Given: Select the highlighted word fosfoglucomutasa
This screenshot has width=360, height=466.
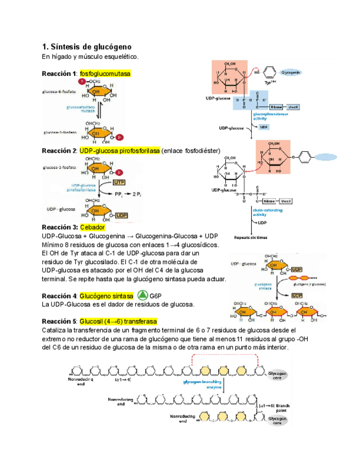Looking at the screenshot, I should coord(104,74).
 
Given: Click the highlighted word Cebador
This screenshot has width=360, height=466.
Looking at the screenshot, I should coord(92,227).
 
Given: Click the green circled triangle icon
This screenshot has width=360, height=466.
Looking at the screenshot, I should coord(142,295).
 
